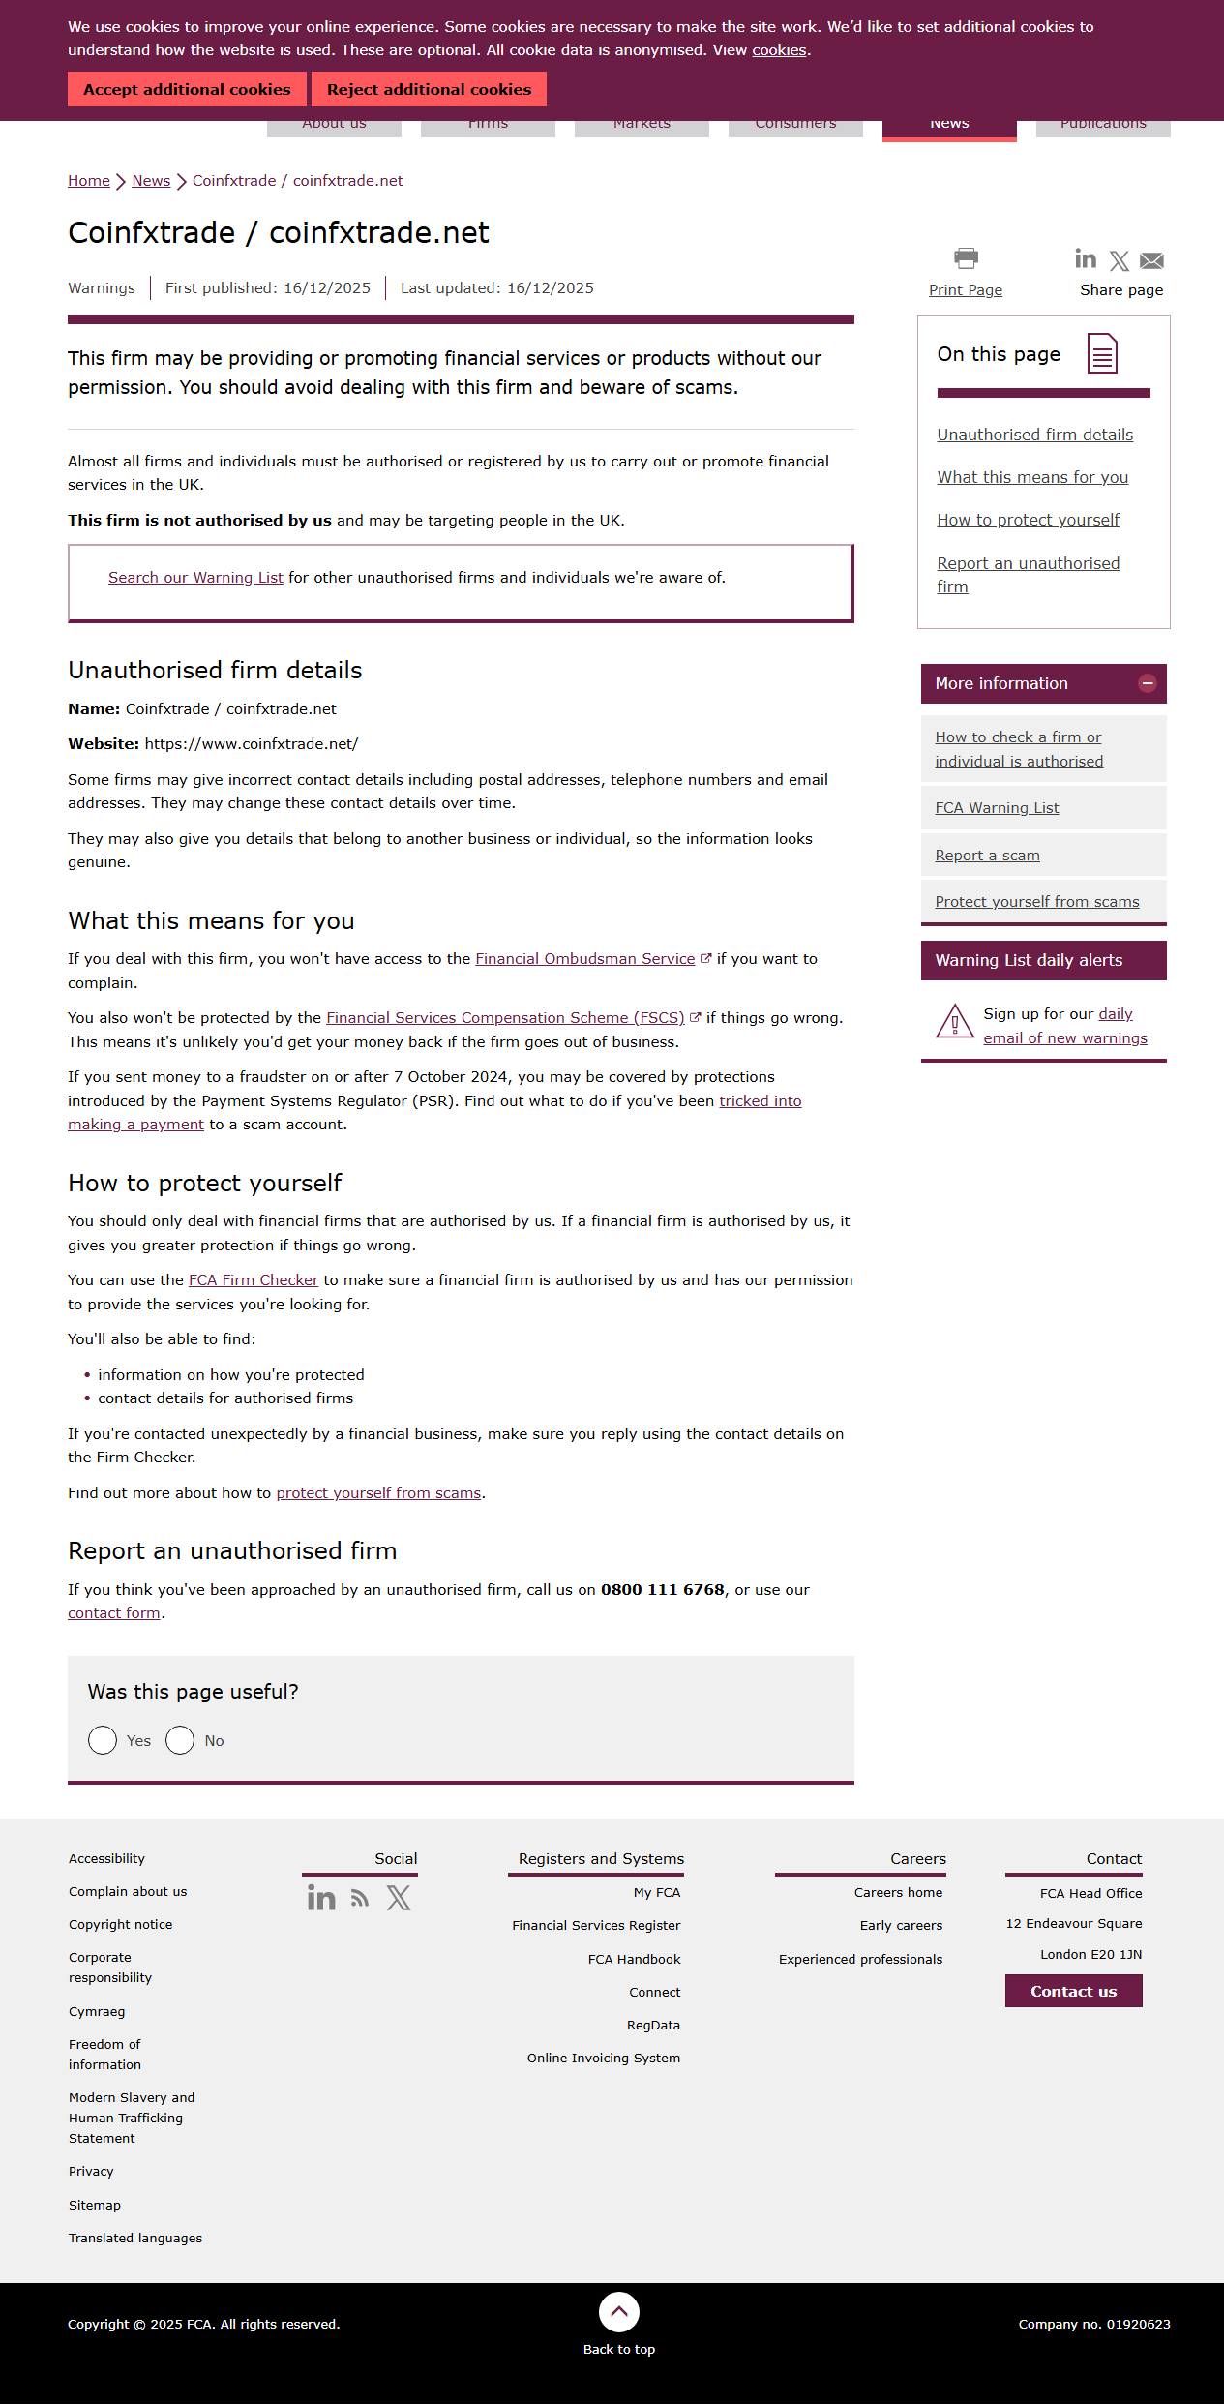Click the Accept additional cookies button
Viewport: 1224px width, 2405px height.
(187, 89)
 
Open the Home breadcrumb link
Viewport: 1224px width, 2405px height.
(88, 181)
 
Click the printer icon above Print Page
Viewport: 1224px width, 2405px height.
(966, 258)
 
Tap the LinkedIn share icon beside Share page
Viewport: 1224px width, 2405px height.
(1086, 258)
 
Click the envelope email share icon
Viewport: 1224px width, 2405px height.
(1151, 260)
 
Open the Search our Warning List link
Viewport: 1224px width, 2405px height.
(195, 578)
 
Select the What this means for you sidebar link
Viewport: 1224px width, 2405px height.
(1032, 477)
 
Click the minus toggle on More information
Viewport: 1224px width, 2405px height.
(1148, 683)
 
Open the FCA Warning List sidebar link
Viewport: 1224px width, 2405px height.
(997, 808)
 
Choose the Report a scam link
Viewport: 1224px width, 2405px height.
(987, 856)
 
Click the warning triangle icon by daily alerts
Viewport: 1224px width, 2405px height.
(955, 1021)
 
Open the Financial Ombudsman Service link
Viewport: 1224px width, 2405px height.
(584, 959)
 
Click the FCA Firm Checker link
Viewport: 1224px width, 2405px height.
(254, 1280)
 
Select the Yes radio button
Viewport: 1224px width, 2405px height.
(103, 1740)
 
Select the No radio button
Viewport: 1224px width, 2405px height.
(180, 1740)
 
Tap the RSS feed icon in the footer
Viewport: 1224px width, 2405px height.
(360, 1899)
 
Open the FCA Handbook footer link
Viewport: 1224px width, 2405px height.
(634, 1959)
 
